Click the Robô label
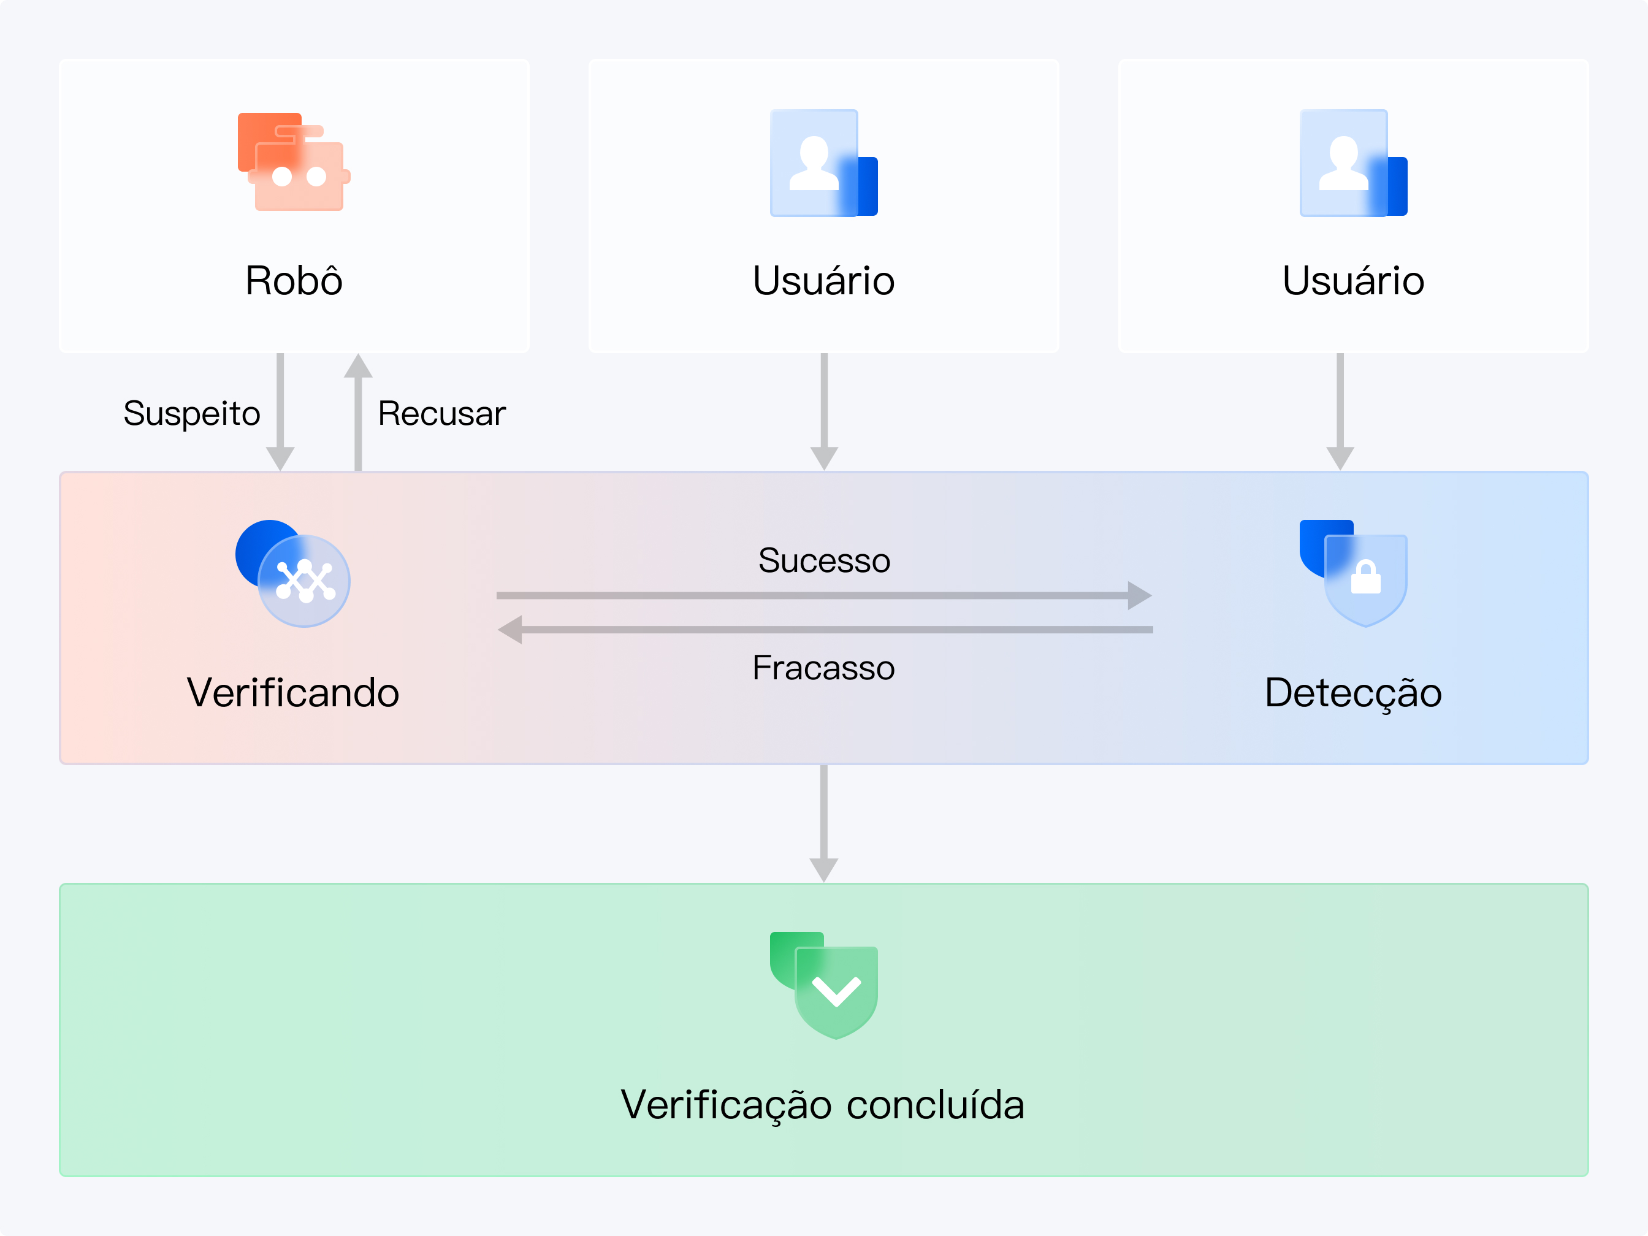(x=294, y=281)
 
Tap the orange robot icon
(x=294, y=162)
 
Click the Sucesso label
(x=824, y=560)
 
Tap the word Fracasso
(x=823, y=668)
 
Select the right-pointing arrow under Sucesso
(x=824, y=595)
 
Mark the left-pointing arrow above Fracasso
(x=824, y=630)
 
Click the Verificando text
(x=293, y=692)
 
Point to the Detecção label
(x=1353, y=692)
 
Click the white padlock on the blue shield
(x=1365, y=578)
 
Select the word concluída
(x=935, y=1104)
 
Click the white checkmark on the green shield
(x=836, y=991)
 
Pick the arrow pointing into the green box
(x=823, y=823)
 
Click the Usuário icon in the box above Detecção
(x=1353, y=163)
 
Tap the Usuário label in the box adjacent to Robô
(x=823, y=281)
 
